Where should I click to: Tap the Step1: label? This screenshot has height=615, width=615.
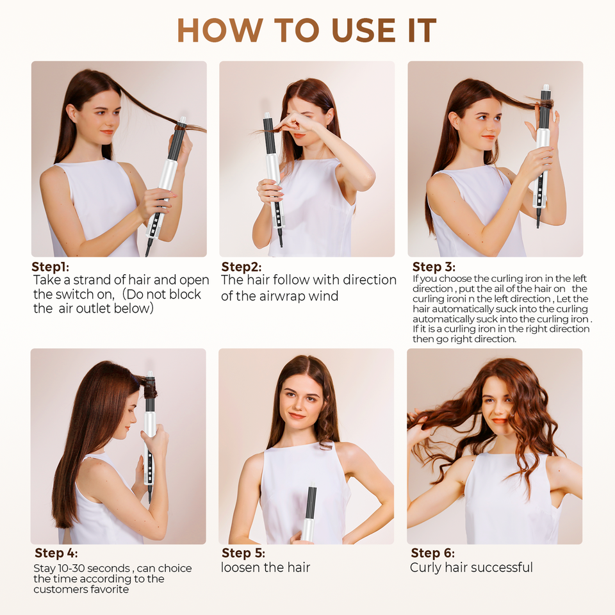tap(50, 266)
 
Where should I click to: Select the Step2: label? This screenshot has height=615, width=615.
tap(242, 266)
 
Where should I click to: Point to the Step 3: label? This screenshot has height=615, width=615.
tap(434, 266)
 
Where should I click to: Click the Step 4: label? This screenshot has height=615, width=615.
tap(56, 553)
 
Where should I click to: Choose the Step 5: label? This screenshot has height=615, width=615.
tap(243, 553)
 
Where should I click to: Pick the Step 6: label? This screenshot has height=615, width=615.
tap(432, 553)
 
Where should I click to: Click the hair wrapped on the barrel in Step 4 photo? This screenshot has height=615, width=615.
tap(149, 388)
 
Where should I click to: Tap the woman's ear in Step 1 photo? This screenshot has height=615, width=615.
tap(72, 114)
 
